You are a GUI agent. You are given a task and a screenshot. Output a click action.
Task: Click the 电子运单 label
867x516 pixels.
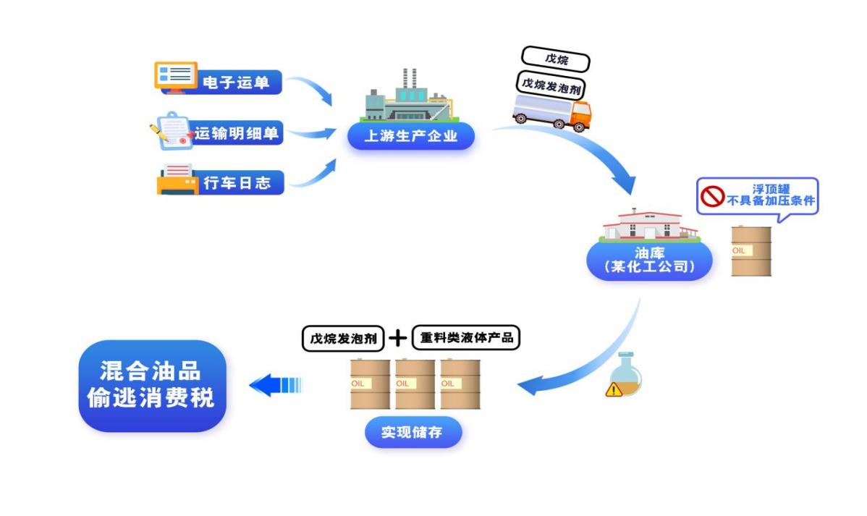(x=236, y=83)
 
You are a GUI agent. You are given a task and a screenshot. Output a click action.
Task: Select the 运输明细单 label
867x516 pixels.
(x=236, y=133)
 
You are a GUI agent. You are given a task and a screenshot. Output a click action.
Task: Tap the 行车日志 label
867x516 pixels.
(x=236, y=183)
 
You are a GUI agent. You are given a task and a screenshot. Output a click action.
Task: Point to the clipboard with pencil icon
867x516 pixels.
(x=172, y=131)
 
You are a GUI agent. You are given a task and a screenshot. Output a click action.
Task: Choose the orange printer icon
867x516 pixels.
(x=177, y=180)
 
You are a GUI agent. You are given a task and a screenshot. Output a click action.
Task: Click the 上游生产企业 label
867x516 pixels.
(x=410, y=136)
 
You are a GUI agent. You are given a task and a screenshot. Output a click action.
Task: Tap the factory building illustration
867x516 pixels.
(x=409, y=100)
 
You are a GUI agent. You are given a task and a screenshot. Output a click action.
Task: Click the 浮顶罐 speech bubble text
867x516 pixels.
(x=770, y=195)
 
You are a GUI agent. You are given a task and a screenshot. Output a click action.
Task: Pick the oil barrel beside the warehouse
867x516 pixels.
(x=750, y=251)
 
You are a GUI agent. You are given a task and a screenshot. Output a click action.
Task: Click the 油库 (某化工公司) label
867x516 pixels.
(x=649, y=260)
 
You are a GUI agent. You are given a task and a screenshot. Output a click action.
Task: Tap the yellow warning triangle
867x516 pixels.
(x=614, y=389)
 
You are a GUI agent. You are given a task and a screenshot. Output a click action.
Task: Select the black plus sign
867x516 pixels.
(x=398, y=338)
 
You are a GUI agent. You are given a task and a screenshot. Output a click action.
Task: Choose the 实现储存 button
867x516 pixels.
(x=413, y=433)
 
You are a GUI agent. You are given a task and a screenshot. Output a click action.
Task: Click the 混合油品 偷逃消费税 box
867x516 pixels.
(x=152, y=386)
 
